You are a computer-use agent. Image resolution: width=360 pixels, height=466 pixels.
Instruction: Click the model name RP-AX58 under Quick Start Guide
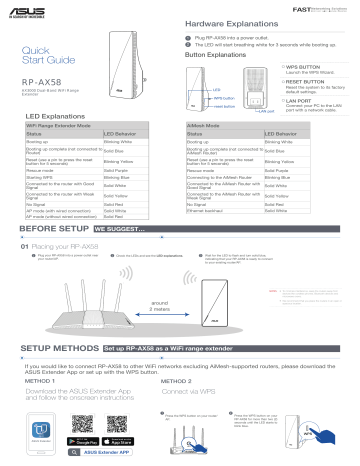point(41,83)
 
